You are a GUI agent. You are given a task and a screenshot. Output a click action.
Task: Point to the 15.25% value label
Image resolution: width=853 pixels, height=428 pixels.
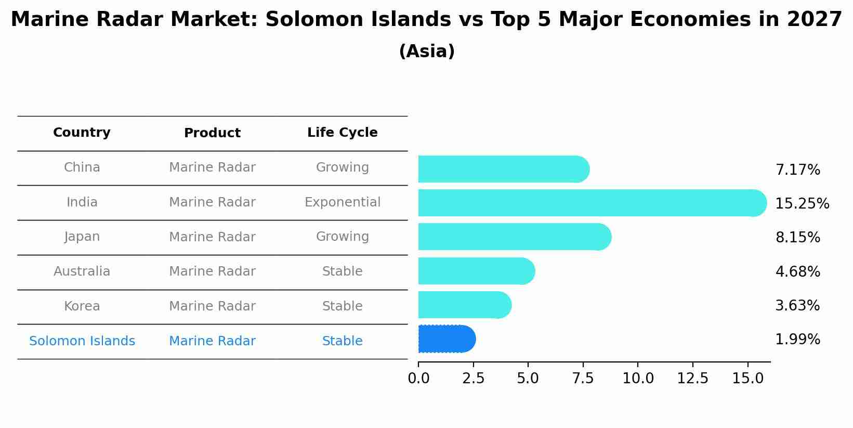[x=802, y=204]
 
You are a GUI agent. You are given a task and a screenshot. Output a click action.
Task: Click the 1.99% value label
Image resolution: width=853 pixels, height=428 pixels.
[x=797, y=340]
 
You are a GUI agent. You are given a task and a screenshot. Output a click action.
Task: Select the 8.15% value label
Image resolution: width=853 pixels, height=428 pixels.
[x=797, y=238]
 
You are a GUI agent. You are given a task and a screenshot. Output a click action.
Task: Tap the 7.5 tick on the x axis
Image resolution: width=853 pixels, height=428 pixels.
[x=583, y=379]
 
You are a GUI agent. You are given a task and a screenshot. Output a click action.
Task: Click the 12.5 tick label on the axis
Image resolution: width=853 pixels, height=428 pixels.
[x=692, y=379]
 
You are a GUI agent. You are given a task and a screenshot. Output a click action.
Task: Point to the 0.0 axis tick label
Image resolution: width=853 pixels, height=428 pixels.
[x=418, y=379]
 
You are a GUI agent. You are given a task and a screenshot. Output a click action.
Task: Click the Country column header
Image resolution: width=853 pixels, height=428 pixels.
[x=82, y=133]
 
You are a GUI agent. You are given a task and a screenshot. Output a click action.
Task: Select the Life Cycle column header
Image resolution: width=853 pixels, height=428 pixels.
[x=342, y=133]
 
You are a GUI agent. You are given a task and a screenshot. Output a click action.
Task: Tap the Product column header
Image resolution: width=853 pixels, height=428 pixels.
[x=212, y=133]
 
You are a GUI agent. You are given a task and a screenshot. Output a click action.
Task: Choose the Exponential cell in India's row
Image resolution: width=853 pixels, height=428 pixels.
[x=342, y=202]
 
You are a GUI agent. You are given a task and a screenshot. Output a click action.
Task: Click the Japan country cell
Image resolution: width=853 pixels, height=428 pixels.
[x=82, y=237]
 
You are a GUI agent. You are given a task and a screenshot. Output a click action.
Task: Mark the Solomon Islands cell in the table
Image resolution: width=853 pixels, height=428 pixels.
[x=82, y=341]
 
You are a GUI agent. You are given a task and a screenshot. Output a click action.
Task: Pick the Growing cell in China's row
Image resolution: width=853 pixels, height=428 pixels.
[x=342, y=167]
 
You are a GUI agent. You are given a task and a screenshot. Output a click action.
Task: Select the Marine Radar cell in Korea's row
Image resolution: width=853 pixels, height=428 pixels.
[x=212, y=306]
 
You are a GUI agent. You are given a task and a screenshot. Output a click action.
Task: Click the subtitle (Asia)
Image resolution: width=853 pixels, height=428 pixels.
[x=426, y=51]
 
